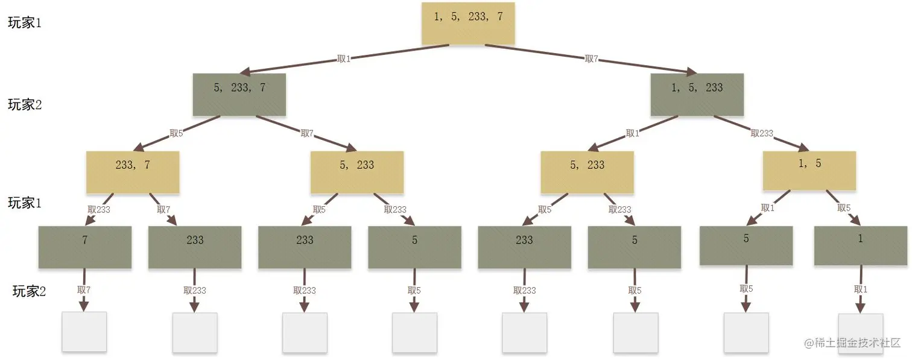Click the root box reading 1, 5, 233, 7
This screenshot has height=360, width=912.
468,23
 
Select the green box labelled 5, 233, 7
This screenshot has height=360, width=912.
239,94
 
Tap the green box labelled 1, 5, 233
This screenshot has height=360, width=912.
697,94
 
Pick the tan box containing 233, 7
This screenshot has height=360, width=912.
133,172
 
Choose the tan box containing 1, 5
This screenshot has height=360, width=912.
809,171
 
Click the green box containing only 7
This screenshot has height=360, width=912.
84,247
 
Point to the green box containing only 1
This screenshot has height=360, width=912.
860,245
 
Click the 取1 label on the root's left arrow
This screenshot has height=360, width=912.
344,59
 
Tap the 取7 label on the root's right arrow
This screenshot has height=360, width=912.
592,58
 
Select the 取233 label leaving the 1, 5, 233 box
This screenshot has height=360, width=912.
762,133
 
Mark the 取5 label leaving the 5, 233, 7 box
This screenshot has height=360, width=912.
176,133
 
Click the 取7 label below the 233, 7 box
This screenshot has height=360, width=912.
163,209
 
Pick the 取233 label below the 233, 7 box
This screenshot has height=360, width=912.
99,209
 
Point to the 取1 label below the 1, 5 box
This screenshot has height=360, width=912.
767,208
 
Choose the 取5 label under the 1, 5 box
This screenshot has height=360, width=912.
844,208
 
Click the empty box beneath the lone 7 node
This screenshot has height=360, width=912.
84,332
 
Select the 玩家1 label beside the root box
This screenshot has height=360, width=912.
25,23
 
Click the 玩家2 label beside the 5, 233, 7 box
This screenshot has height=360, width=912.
25,104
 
